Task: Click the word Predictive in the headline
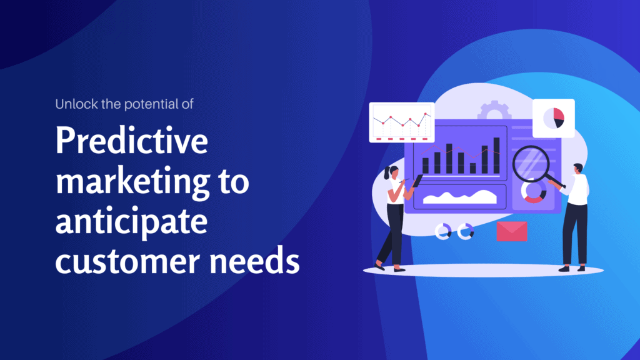coord(131,142)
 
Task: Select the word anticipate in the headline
coord(131,222)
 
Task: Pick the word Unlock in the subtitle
coord(72,104)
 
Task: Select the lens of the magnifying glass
coord(531,164)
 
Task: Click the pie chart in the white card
coord(553,117)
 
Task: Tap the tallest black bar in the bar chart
coord(496,155)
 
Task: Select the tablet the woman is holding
coord(417,181)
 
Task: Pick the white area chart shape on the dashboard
coord(459,197)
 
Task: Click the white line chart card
coord(401,122)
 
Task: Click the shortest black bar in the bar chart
coord(473,167)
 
